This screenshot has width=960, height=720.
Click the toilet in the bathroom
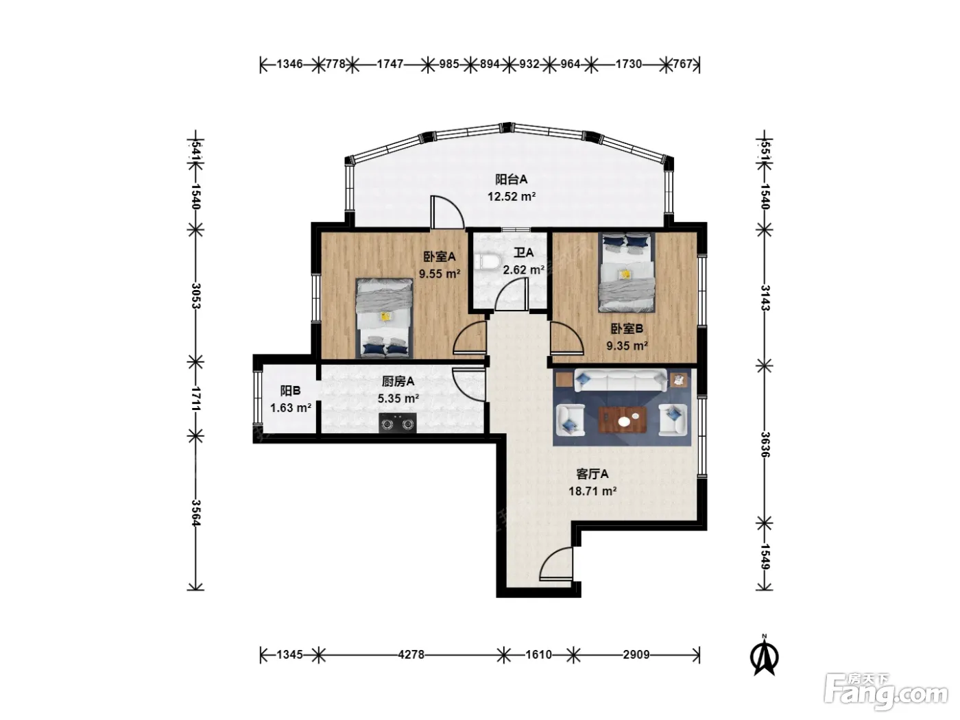[x=487, y=263]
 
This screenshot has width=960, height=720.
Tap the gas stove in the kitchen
[x=397, y=422]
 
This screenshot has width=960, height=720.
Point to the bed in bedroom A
[x=385, y=317]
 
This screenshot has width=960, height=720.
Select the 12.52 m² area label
[x=512, y=196]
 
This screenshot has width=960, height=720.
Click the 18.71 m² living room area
[x=592, y=491]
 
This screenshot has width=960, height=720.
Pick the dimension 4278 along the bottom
[x=411, y=654]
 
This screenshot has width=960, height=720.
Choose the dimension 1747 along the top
[x=389, y=64]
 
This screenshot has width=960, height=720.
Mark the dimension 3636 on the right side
[x=765, y=444]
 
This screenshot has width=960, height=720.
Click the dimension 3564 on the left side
[x=195, y=512]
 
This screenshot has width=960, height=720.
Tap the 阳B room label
[x=290, y=390]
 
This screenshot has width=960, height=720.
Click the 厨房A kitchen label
[x=398, y=381]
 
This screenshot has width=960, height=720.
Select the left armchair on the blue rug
[x=570, y=420]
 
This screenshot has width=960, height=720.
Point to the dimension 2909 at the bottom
[x=636, y=654]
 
